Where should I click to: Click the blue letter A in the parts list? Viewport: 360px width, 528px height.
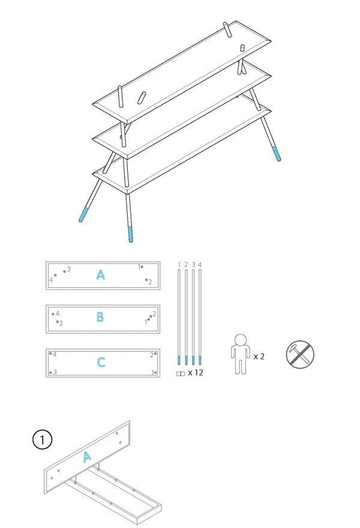pyautogui.click(x=100, y=275)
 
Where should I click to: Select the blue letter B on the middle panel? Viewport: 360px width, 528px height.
pyautogui.click(x=100, y=317)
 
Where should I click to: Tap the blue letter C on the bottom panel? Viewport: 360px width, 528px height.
pyautogui.click(x=101, y=362)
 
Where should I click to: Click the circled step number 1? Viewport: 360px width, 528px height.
pyautogui.click(x=43, y=439)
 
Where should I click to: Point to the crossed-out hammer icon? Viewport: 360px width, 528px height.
pyautogui.click(x=300, y=354)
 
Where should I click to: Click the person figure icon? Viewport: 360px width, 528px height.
pyautogui.click(x=240, y=354)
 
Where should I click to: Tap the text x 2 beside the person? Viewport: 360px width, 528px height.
pyautogui.click(x=259, y=356)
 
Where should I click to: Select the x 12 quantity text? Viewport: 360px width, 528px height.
pyautogui.click(x=196, y=373)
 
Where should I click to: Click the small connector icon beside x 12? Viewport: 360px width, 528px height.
pyautogui.click(x=181, y=373)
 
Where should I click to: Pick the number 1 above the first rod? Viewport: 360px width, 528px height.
pyautogui.click(x=179, y=265)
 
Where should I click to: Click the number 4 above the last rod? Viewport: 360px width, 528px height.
pyautogui.click(x=200, y=265)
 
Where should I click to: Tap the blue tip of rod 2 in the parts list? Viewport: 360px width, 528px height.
pyautogui.click(x=186, y=361)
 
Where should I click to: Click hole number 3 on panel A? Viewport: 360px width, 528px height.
pyautogui.click(x=65, y=271)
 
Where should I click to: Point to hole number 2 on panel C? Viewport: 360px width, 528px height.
pyautogui.click(x=155, y=353)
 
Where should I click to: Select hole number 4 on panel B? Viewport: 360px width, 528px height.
pyautogui.click(x=53, y=314)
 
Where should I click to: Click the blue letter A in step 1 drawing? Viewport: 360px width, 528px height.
pyautogui.click(x=87, y=457)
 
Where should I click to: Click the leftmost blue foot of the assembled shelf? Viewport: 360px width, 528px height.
pyautogui.click(x=83, y=215)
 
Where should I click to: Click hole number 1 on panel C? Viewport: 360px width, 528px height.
pyautogui.click(x=155, y=373)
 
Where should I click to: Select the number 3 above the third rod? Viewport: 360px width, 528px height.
pyautogui.click(x=193, y=265)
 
